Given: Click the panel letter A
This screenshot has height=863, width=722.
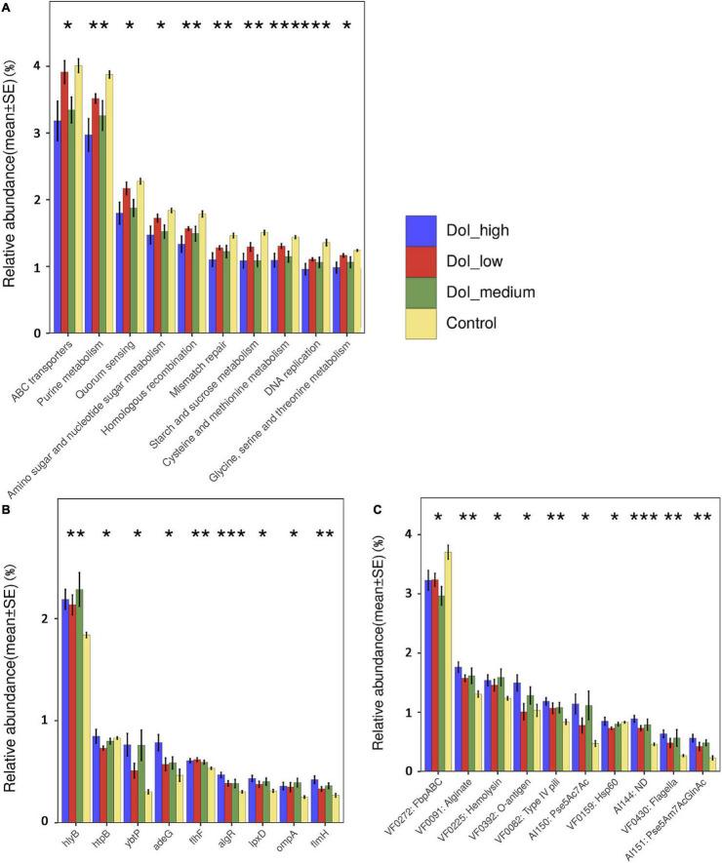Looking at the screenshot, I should point(7,8).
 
